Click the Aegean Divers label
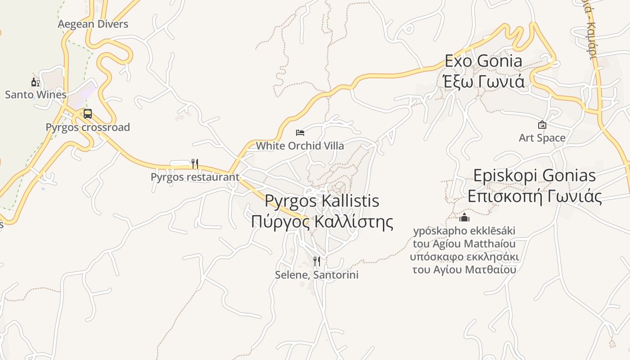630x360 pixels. coord(93,24)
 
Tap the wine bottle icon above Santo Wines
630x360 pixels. coord(36,82)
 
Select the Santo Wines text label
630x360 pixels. coord(36,94)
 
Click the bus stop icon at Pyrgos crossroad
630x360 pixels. coord(88,114)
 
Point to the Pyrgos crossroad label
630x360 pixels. coord(88,127)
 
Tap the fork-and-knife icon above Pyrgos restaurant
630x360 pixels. coord(195,163)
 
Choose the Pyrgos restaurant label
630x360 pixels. coord(195,177)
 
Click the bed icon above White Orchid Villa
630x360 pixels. coord(300,133)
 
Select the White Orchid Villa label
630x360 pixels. coord(300,146)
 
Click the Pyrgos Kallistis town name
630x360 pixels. coord(322,201)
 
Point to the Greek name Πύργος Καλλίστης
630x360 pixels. coord(322,222)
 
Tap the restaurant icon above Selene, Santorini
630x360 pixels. coord(317,261)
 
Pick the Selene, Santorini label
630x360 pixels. coord(317,274)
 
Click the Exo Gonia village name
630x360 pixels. coord(484,61)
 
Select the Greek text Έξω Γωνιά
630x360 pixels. coord(484,82)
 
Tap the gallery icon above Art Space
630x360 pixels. coord(542,125)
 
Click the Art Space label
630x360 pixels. coord(542,138)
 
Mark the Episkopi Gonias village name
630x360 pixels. coord(535,175)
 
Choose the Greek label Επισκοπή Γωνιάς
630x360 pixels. coord(535,197)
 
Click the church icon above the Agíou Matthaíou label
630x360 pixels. coord(464,218)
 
